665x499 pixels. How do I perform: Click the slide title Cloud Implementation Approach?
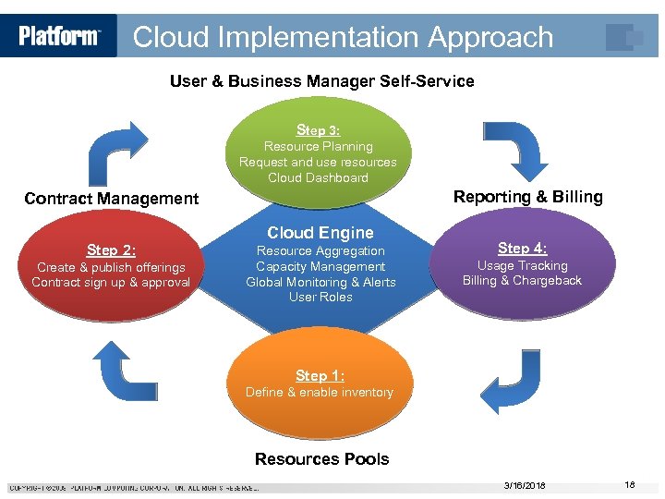[x=343, y=37]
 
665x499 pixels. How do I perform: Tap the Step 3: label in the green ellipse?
[x=318, y=130]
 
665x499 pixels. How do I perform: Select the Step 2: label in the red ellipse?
[x=111, y=250]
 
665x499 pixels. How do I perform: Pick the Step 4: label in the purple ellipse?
[x=522, y=248]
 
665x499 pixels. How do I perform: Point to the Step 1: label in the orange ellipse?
[x=320, y=375]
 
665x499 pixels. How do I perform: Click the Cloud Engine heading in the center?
[x=320, y=233]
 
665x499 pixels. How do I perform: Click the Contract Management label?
[x=111, y=198]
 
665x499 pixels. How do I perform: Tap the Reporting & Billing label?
[x=527, y=196]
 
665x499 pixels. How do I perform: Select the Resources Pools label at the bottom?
[x=321, y=459]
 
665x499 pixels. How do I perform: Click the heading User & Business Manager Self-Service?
[x=321, y=81]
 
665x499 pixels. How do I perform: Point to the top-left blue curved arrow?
[x=116, y=153]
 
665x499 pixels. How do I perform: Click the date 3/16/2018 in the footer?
[x=525, y=485]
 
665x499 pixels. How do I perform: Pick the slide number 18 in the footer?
[x=630, y=485]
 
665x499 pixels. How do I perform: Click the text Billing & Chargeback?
[x=522, y=281]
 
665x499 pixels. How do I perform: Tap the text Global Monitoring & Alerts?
[x=320, y=282]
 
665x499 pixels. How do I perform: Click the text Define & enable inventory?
[x=320, y=393]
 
